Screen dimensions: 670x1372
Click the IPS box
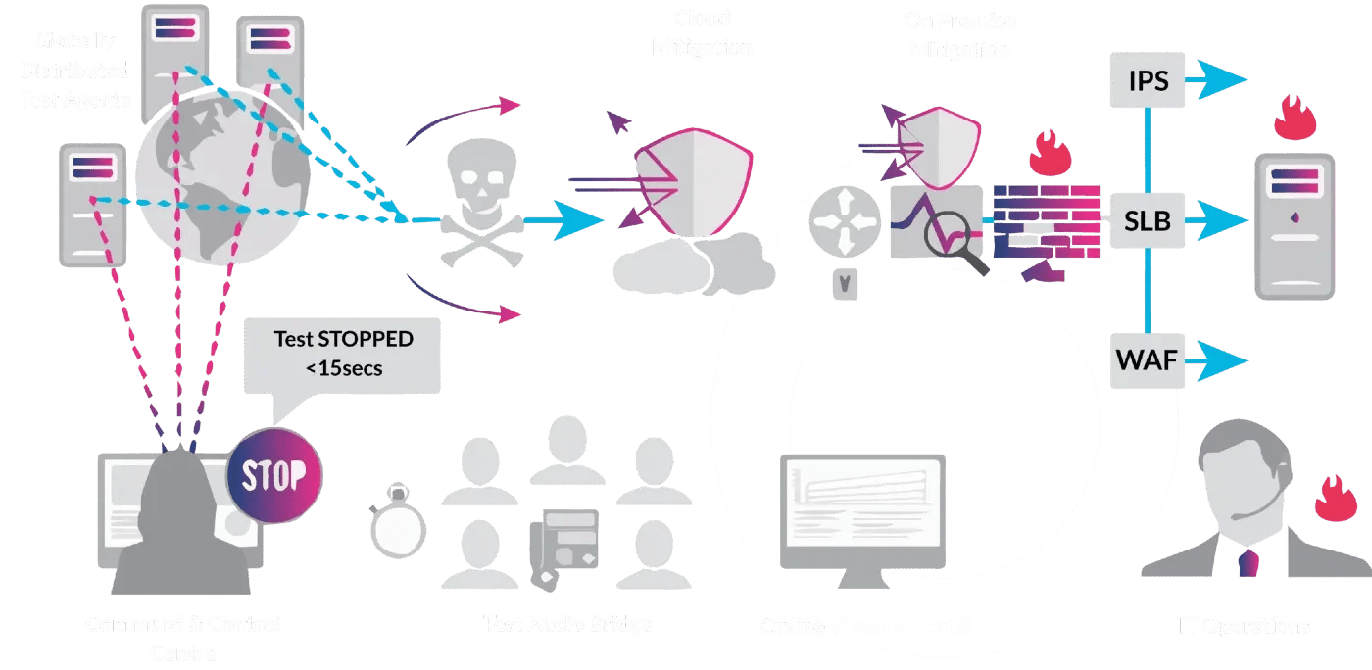tap(1148, 79)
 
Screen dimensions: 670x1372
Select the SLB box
tap(1148, 220)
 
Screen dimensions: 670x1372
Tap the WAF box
tap(1148, 360)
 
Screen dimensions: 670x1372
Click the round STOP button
tap(273, 477)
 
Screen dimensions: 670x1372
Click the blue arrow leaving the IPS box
tap(1215, 79)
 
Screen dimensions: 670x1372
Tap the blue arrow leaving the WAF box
tap(1215, 360)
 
